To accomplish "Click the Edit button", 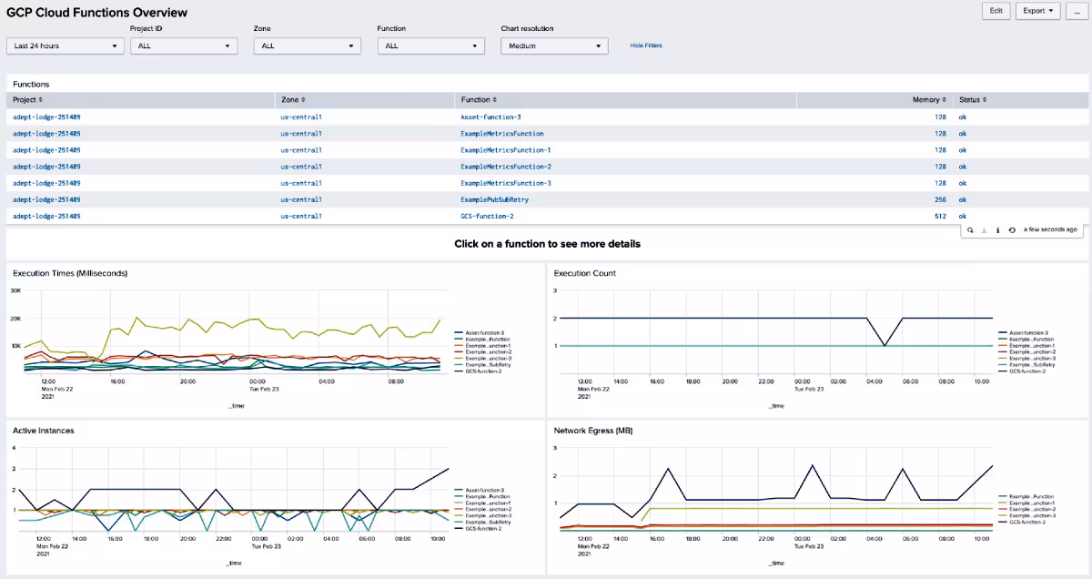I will point(996,11).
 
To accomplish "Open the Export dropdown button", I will point(1037,11).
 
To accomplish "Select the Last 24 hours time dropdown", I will point(65,46).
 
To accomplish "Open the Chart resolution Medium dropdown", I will point(553,46).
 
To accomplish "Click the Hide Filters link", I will point(645,46).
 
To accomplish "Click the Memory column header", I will point(928,100).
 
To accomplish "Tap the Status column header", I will point(972,100).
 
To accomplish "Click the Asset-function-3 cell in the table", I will point(490,117).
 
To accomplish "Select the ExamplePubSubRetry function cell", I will point(494,199).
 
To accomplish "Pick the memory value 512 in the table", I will point(939,216).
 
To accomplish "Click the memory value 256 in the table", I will point(939,199).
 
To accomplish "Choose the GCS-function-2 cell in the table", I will point(487,216).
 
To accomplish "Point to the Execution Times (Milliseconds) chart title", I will point(69,273).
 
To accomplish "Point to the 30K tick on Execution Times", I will point(15,290).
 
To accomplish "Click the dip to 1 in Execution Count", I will point(885,346).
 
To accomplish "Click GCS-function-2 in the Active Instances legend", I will point(483,528).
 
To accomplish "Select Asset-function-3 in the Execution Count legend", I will point(1029,333).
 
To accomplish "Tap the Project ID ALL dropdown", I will point(184,46).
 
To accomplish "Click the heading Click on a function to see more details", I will point(547,244).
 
